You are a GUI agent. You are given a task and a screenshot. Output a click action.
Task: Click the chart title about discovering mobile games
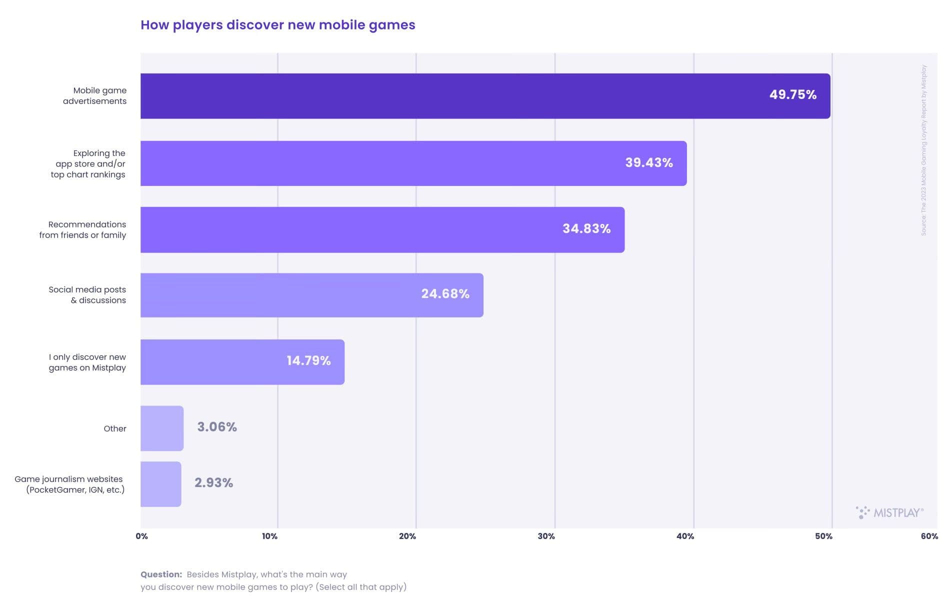[x=277, y=25]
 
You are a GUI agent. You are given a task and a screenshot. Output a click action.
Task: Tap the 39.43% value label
[x=648, y=162]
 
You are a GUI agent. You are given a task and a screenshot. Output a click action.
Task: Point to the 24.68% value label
[x=445, y=293]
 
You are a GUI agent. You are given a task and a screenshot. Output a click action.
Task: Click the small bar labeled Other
[x=161, y=428]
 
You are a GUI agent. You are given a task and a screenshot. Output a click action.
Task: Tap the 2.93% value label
[x=213, y=482]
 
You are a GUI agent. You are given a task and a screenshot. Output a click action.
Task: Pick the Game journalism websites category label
[x=69, y=484]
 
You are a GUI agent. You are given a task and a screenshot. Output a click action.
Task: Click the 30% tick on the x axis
[x=546, y=536]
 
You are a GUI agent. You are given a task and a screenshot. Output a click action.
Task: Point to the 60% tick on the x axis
[x=929, y=536]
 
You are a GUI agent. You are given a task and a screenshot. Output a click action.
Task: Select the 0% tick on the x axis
[x=141, y=536]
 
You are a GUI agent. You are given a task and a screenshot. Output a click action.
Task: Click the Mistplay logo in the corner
[x=889, y=512]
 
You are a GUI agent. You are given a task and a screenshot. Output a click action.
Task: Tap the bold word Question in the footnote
[x=161, y=574]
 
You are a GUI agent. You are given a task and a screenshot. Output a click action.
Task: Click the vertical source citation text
[x=923, y=150]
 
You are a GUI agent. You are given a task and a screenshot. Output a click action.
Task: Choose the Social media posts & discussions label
[x=87, y=294]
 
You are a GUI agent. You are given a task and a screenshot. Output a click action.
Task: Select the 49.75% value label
[x=792, y=94]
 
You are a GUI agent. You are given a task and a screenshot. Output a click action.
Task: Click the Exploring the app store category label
[x=88, y=163]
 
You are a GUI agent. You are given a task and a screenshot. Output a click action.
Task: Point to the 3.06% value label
[x=216, y=426]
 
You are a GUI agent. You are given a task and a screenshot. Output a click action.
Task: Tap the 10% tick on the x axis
[x=269, y=536]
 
